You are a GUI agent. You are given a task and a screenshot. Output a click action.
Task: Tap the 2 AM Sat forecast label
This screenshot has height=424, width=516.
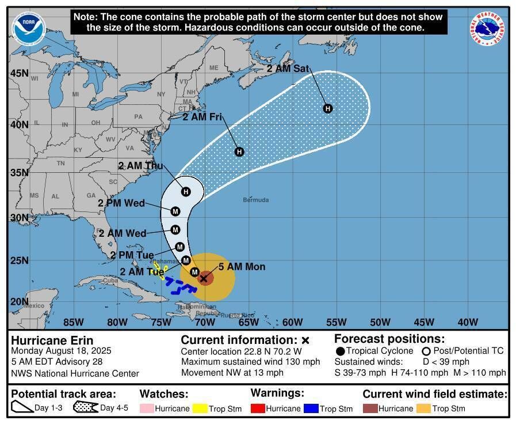tap(288, 68)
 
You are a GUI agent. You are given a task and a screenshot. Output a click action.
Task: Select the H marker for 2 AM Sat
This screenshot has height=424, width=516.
tap(328, 108)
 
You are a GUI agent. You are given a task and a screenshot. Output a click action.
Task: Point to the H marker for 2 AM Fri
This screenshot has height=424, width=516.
tap(239, 152)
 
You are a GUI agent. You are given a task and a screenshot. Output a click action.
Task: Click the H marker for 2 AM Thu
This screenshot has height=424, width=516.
tap(186, 191)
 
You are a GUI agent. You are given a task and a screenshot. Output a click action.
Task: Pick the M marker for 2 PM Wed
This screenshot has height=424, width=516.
tap(175, 211)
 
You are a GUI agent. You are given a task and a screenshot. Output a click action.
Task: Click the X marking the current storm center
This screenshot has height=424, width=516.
tap(203, 278)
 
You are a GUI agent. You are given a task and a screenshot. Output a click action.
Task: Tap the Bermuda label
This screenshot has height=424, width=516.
tap(255, 200)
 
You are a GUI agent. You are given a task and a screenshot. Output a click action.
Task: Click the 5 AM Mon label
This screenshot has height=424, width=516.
tap(242, 267)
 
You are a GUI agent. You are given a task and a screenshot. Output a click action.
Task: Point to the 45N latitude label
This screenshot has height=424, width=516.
tap(19, 73)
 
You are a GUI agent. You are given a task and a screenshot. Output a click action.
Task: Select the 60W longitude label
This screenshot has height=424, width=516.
tap(292, 322)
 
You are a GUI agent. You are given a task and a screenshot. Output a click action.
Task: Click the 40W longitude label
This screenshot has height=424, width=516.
tap(468, 322)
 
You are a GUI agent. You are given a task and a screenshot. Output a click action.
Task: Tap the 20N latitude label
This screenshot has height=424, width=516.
tap(19, 301)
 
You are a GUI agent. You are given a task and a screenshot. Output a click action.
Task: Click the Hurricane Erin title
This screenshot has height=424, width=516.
tap(52, 340)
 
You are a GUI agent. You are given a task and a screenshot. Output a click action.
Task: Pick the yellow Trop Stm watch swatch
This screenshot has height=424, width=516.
tap(200, 408)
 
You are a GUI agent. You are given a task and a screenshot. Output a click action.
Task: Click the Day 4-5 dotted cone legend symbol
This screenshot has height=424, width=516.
tap(85, 408)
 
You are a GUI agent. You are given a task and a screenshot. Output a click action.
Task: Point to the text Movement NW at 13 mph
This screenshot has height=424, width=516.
tap(232, 373)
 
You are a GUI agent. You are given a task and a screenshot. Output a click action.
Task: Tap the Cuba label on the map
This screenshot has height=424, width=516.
tap(110, 281)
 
